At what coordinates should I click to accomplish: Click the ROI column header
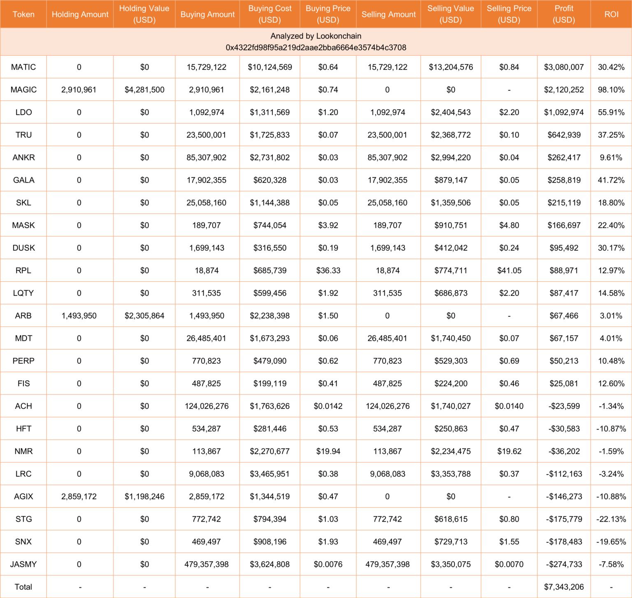[x=611, y=14]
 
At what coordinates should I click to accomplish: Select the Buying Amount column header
[x=207, y=14]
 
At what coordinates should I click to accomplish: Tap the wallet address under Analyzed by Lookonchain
[x=316, y=47]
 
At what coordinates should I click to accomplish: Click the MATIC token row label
[x=23, y=67]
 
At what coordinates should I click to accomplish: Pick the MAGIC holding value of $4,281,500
[x=144, y=90]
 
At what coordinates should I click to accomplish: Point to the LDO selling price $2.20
[x=509, y=112]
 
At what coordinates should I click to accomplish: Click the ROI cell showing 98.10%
[x=611, y=90]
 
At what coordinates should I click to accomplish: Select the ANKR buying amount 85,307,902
[x=207, y=157]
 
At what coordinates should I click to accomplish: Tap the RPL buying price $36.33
[x=328, y=270]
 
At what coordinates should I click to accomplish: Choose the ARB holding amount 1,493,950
[x=79, y=316]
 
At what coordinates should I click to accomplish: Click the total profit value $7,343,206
[x=564, y=587]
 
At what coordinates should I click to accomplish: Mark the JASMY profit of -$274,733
[x=564, y=564]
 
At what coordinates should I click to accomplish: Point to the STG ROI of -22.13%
[x=611, y=519]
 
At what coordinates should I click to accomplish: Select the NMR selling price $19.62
[x=509, y=451]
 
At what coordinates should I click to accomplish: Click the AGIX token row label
[x=23, y=496]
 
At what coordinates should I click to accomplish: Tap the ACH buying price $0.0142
[x=328, y=406]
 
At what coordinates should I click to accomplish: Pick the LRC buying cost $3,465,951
[x=270, y=474]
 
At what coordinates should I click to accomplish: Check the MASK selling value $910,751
[x=451, y=225]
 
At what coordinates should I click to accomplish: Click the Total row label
[x=23, y=587]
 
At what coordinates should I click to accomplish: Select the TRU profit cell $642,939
[x=564, y=135]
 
